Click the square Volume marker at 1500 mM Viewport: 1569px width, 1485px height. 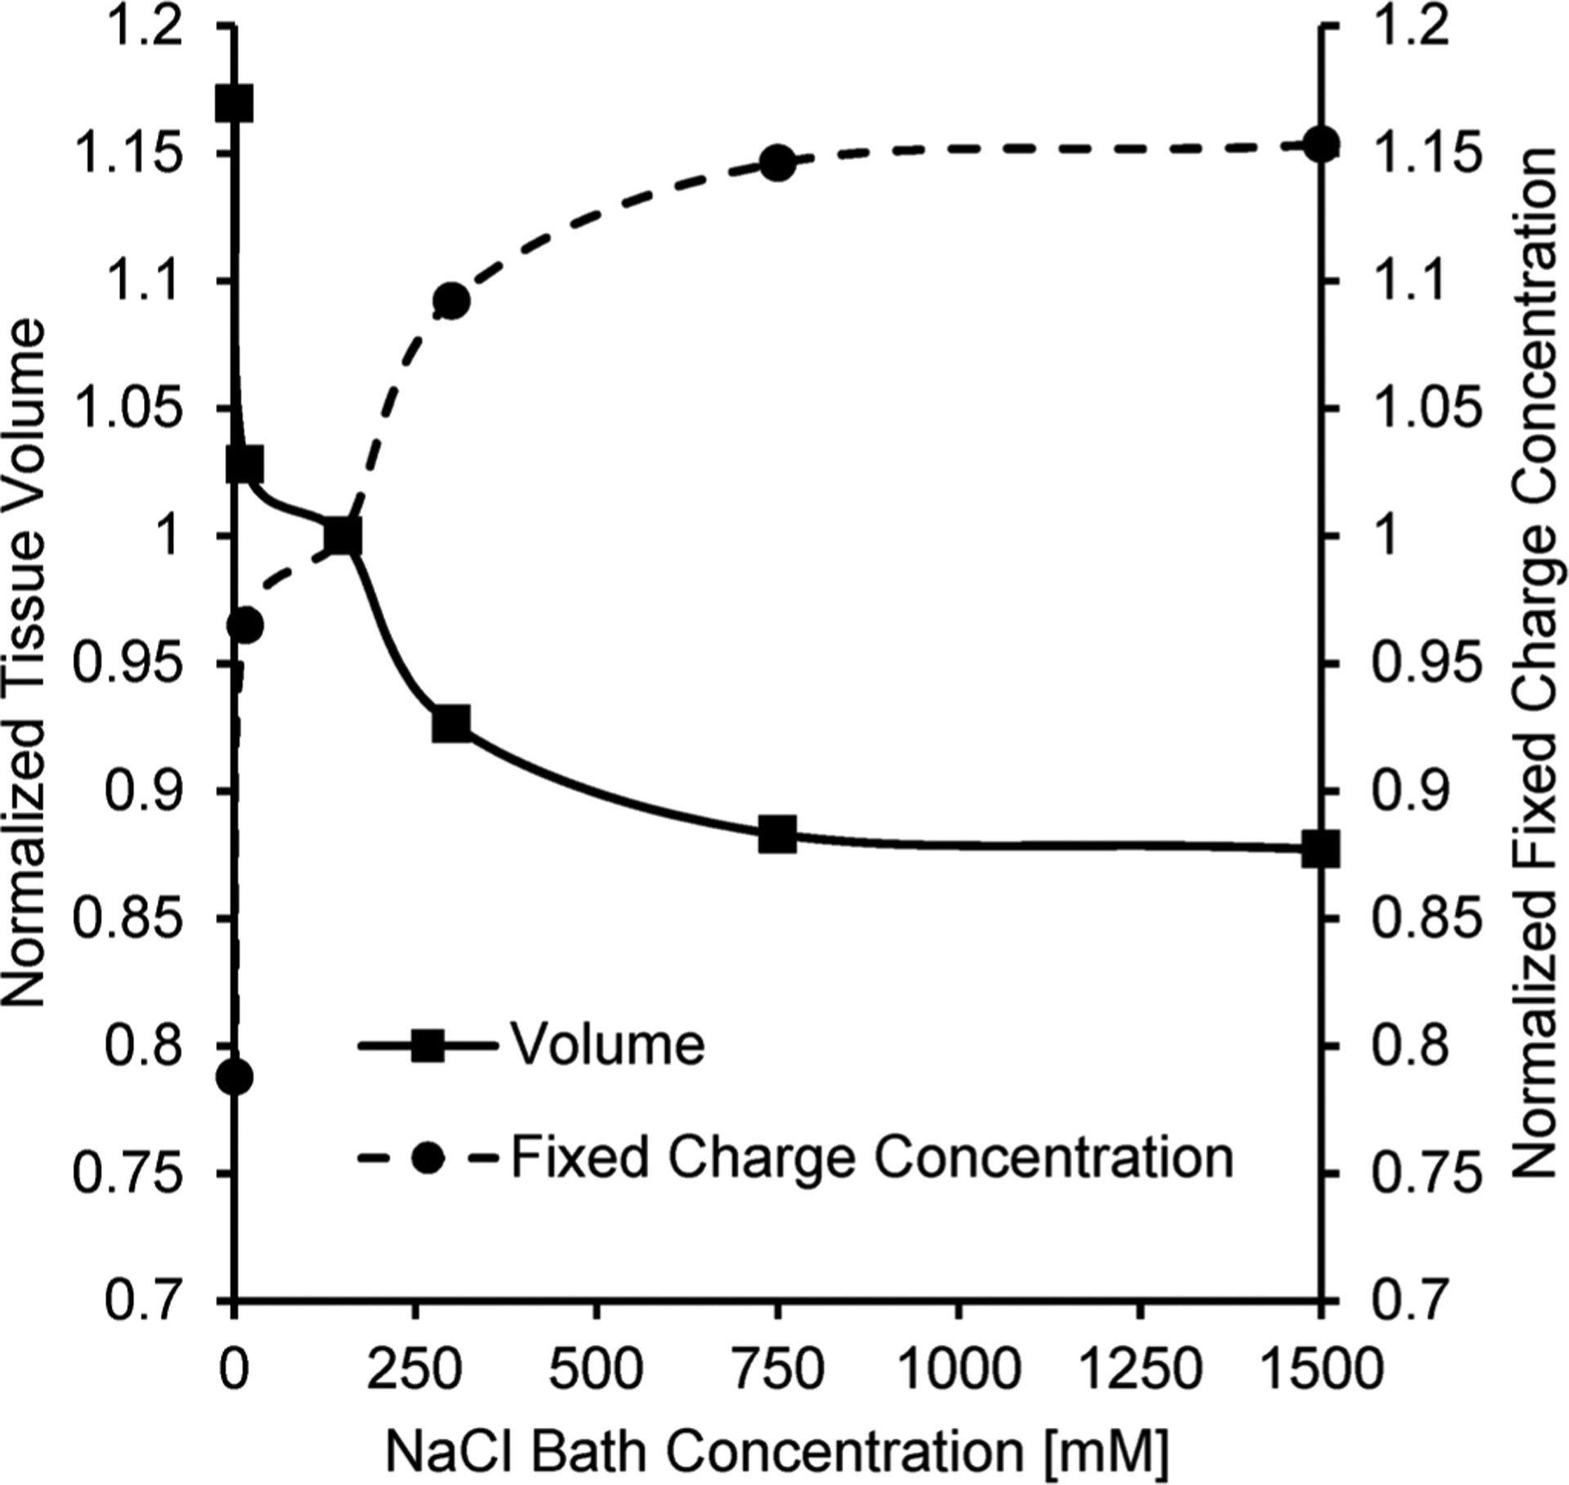click(x=1321, y=849)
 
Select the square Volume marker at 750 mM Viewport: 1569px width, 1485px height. click(x=777, y=834)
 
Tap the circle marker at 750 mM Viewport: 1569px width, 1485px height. click(x=777, y=163)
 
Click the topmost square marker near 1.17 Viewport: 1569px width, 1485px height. click(x=234, y=105)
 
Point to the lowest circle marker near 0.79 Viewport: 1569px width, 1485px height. click(x=235, y=1077)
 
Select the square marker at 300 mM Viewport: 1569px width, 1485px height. click(x=451, y=724)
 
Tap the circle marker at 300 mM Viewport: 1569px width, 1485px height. click(x=451, y=301)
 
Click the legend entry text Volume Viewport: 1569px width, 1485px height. click(x=607, y=1044)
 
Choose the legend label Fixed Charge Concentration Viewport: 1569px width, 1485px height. click(x=872, y=1157)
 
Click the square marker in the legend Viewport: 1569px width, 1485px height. click(x=427, y=1045)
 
